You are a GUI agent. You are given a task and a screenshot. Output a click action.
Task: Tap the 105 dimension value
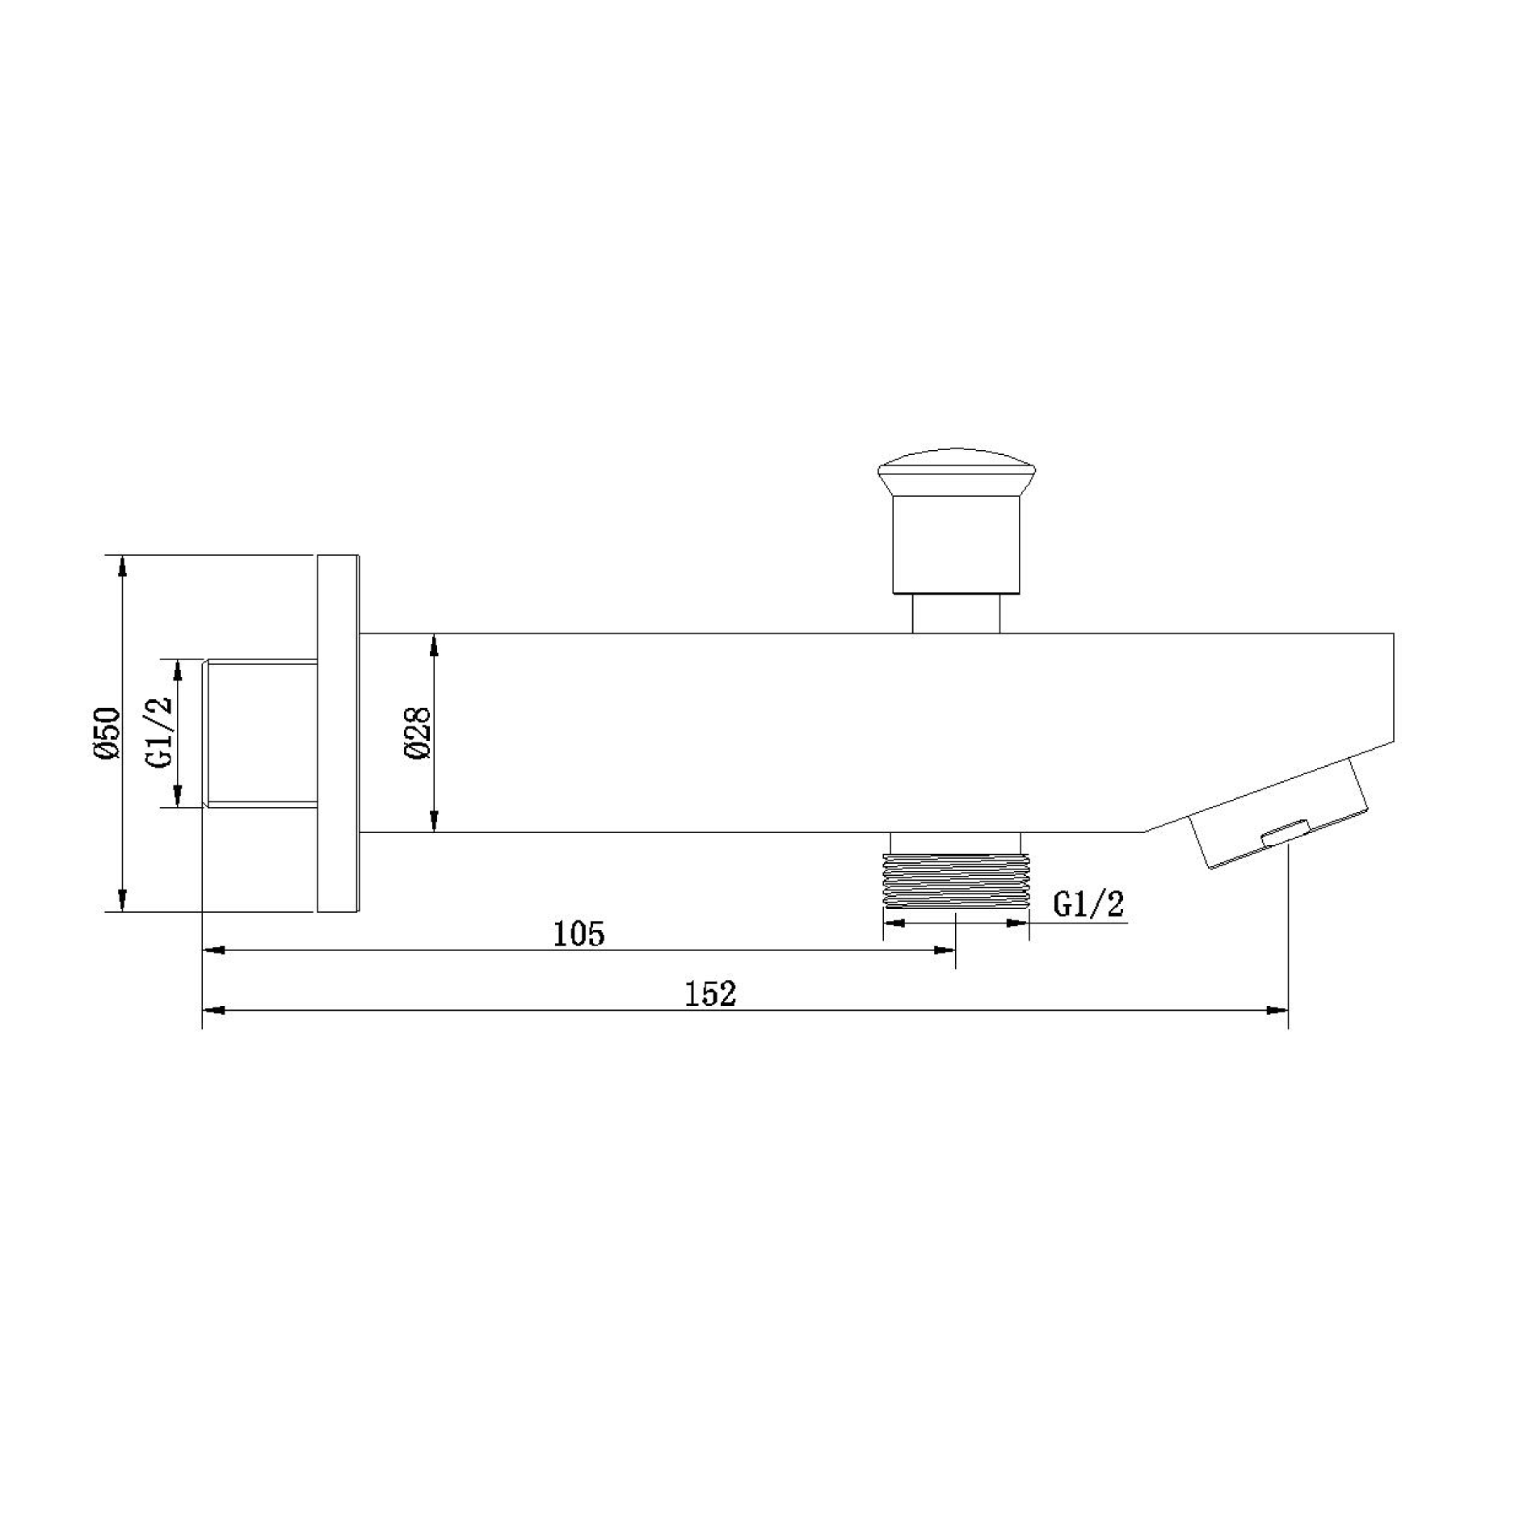579,934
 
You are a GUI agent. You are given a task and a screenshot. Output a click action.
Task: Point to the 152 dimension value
710,995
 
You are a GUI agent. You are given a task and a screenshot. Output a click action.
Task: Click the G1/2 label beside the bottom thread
1088,905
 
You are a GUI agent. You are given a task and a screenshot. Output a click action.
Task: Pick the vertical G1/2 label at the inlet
160,732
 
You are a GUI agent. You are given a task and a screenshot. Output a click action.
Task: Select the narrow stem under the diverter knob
956,613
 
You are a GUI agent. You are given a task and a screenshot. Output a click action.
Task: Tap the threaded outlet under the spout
956,881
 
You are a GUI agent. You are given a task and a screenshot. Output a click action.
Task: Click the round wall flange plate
338,733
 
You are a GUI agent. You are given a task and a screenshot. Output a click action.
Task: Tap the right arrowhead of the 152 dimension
1277,1010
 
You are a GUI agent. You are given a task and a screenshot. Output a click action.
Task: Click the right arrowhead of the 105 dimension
945,950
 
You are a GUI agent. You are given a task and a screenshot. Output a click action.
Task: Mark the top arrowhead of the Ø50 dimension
122,566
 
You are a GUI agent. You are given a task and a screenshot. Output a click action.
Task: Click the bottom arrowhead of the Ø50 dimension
122,900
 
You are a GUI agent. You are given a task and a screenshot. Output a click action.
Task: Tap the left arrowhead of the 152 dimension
213,1010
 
